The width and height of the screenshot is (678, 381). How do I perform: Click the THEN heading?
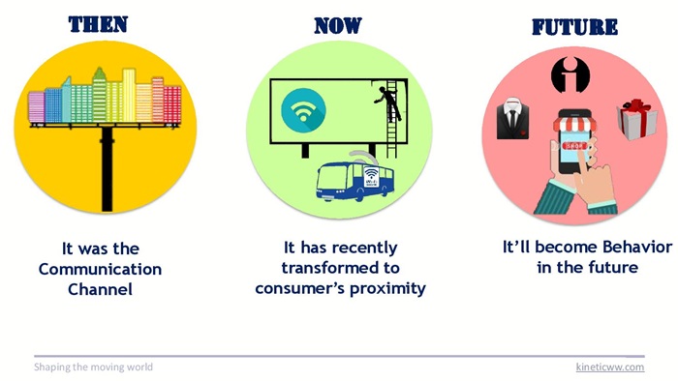coord(98,24)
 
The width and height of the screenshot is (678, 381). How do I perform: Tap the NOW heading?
coord(338,25)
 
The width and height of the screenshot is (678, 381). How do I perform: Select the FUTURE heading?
coord(574,27)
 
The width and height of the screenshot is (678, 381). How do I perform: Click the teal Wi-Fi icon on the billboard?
coord(303,110)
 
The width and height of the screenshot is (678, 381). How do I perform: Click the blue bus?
coord(354,181)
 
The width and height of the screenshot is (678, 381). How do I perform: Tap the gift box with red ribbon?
coord(637,120)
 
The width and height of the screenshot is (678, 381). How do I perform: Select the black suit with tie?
coord(512,118)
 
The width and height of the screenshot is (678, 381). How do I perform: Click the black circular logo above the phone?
coord(570,74)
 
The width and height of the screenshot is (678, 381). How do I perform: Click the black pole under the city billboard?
coord(107,169)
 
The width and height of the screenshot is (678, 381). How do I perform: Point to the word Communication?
coord(100,269)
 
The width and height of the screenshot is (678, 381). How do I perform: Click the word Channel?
coord(100,289)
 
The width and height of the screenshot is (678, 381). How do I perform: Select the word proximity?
coord(387,289)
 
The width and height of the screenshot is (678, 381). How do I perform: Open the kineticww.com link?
coord(610,367)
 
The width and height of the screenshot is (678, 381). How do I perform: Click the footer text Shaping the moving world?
coord(93,367)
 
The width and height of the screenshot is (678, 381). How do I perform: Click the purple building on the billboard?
coord(37,107)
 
